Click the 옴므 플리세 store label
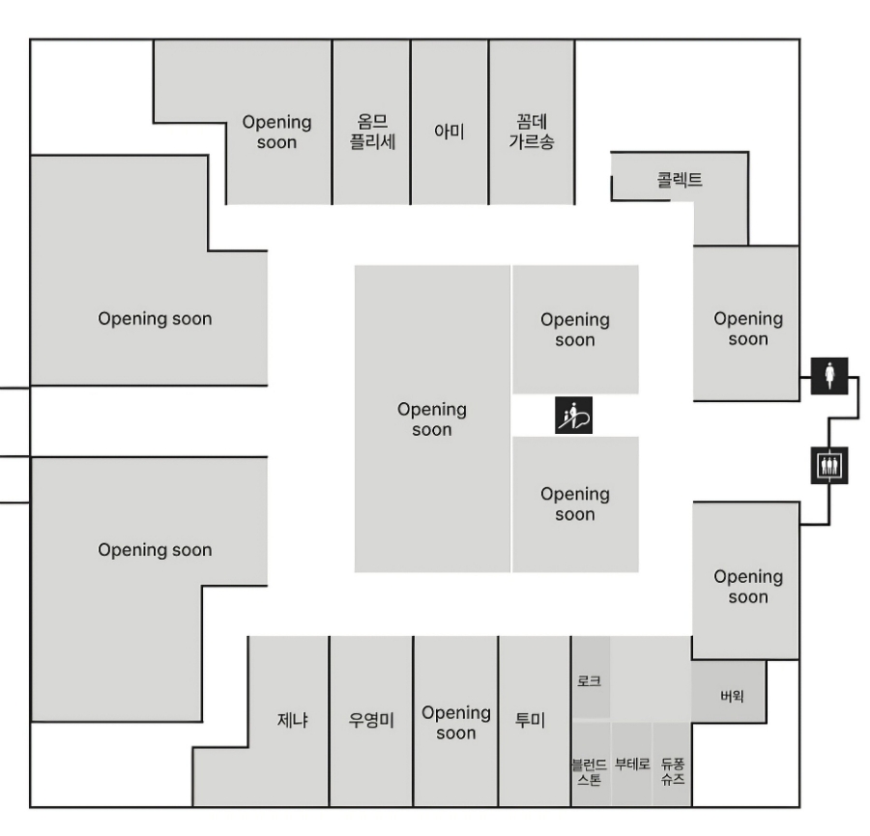pyautogui.click(x=372, y=131)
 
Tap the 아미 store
pyautogui.click(x=449, y=131)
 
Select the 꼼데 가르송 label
pyautogui.click(x=532, y=131)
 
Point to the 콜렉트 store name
pyautogui.click(x=679, y=180)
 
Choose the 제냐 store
pyautogui.click(x=292, y=721)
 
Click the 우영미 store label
pyautogui.click(x=371, y=721)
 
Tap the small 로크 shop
pyautogui.click(x=590, y=680)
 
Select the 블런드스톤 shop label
pyautogui.click(x=590, y=769)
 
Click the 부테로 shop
pyautogui.click(x=632, y=764)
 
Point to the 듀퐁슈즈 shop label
pyautogui.click(x=673, y=769)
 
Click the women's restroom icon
pyautogui.click(x=828, y=374)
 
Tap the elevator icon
pyautogui.click(x=828, y=465)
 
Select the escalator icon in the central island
pyautogui.click(x=574, y=415)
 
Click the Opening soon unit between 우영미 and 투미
pyautogui.click(x=455, y=723)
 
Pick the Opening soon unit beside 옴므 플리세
pyautogui.click(x=277, y=132)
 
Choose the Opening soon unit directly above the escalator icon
pyautogui.click(x=575, y=330)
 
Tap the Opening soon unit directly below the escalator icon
pyautogui.click(x=575, y=504)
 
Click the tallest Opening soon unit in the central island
pyautogui.click(x=432, y=419)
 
